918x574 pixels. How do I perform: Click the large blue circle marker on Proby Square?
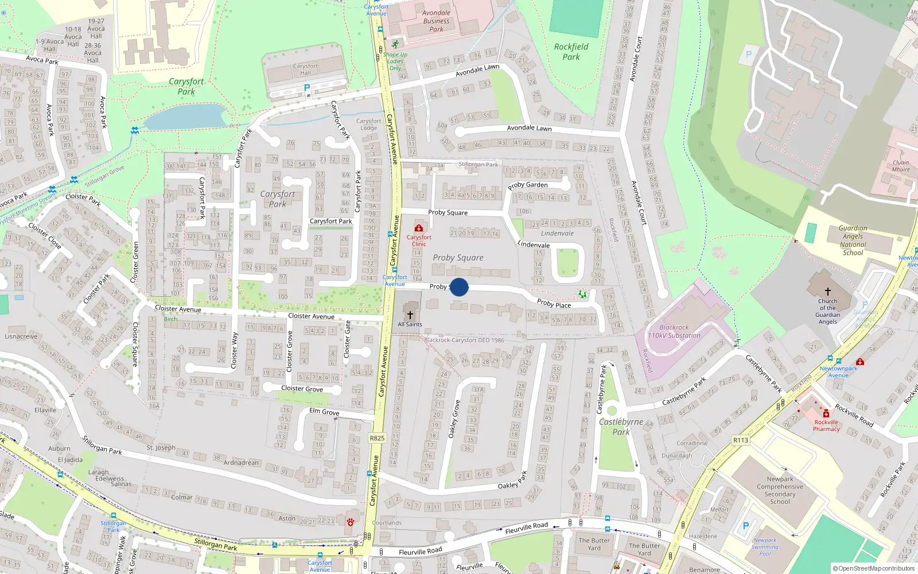pyautogui.click(x=459, y=287)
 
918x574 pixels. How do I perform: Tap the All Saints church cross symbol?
pyautogui.click(x=410, y=315)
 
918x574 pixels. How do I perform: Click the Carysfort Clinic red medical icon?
pyautogui.click(x=419, y=228)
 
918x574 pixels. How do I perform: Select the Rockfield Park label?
pyautogui.click(x=571, y=52)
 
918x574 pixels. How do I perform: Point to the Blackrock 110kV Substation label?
pyautogui.click(x=674, y=331)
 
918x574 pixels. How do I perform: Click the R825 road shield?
pyautogui.click(x=377, y=438)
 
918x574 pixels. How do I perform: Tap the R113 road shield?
pyautogui.click(x=741, y=440)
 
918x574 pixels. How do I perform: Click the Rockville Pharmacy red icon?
pyautogui.click(x=826, y=414)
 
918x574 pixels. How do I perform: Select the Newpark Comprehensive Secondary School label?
pyautogui.click(x=780, y=490)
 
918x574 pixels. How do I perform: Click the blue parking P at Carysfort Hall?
pyautogui.click(x=307, y=88)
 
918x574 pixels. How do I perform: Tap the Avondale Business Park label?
pyautogui.click(x=436, y=21)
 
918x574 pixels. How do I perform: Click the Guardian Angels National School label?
pyautogui.click(x=853, y=240)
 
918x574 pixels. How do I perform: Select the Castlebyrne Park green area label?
pyautogui.click(x=621, y=426)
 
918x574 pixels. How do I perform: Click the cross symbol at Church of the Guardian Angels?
pyautogui.click(x=827, y=292)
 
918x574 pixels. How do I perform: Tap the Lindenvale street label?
pyautogui.click(x=533, y=245)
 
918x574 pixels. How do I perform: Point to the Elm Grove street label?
pyautogui.click(x=324, y=412)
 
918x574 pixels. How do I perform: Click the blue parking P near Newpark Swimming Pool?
pyautogui.click(x=746, y=525)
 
